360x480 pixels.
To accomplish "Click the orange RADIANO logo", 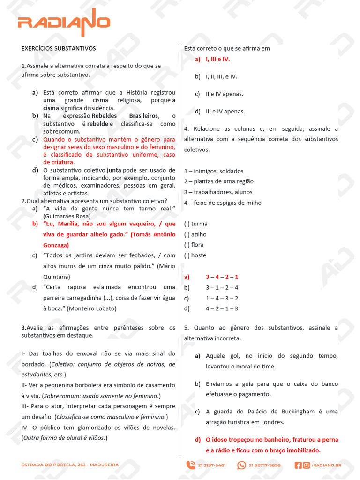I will pyautogui.click(x=64, y=23).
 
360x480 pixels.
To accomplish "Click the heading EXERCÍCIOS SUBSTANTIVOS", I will pyautogui.click(x=59, y=48).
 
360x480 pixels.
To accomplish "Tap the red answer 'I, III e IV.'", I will pyautogui.click(x=218, y=59).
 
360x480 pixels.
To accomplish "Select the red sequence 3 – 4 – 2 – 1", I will pyautogui.click(x=222, y=277).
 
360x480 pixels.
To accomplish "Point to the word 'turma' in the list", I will pyautogui.click(x=199, y=224).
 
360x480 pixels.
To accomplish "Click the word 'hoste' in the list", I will pyautogui.click(x=199, y=255).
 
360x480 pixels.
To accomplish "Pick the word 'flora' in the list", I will pyautogui.click(x=198, y=245).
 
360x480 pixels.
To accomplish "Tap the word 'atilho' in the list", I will pyautogui.click(x=199, y=234).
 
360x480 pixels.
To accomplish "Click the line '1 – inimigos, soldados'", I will pyautogui.click(x=214, y=171).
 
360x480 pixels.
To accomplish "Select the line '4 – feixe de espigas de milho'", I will pyautogui.click(x=223, y=202).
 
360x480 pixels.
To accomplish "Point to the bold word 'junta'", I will pyautogui.click(x=115, y=170).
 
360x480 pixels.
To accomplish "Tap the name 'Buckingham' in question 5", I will pyautogui.click(x=298, y=412).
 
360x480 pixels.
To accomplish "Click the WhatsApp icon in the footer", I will pyautogui.click(x=241, y=465).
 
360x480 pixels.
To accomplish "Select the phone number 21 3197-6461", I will pyautogui.click(x=211, y=465).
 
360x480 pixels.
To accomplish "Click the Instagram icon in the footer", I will pyautogui.click(x=306, y=465).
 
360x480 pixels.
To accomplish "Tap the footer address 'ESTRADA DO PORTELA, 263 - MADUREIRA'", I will pyautogui.click(x=70, y=465).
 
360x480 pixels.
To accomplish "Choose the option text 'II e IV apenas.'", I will pyautogui.click(x=225, y=94).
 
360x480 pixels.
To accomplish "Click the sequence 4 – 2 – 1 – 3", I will pyautogui.click(x=222, y=308).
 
